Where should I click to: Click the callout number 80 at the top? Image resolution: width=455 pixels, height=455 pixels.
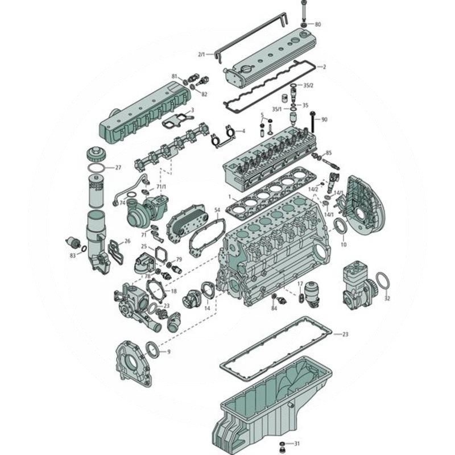317,24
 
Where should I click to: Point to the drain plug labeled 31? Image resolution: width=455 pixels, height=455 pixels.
283,443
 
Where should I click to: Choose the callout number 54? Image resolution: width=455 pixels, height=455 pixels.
217,210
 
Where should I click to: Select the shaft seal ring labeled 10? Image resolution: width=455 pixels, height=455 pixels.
339,226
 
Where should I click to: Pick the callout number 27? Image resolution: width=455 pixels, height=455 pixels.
118,167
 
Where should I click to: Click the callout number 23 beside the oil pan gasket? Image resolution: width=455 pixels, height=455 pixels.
345,334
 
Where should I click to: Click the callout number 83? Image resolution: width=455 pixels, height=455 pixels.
73,256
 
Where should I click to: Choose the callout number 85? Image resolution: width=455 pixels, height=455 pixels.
329,154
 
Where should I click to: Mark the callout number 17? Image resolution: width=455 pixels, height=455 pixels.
300,283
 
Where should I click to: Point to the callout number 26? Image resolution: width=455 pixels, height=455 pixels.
127,241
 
